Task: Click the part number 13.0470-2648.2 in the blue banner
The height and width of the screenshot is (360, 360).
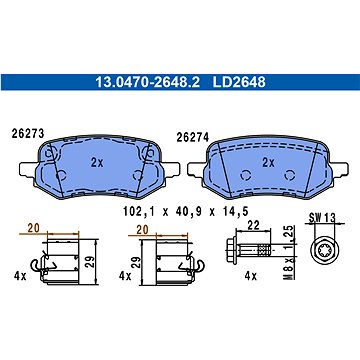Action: (148, 82)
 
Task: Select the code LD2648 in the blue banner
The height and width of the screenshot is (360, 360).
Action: (239, 82)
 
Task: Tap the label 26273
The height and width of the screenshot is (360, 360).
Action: (28, 133)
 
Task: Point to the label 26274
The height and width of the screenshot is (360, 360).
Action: (193, 137)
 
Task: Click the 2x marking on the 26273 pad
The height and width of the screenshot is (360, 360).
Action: (97, 163)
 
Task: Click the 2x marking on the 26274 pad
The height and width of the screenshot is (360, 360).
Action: (268, 163)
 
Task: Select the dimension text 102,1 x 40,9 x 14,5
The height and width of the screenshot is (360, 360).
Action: (186, 211)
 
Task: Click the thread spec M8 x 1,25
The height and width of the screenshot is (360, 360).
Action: (290, 252)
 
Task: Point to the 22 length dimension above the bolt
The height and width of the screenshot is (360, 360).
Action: (254, 225)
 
